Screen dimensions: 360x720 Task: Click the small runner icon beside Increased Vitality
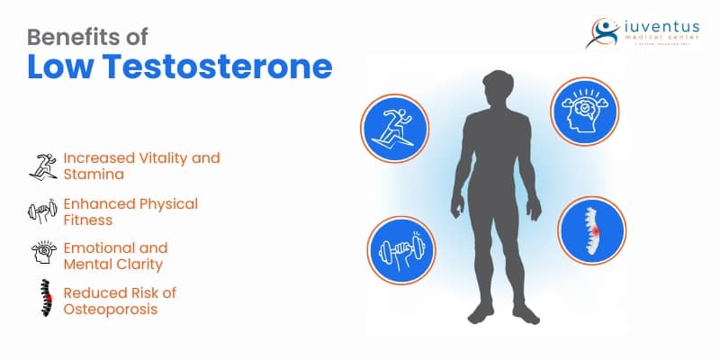(43, 166)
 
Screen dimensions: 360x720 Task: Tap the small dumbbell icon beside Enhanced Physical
(43, 212)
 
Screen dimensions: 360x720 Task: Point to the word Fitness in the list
(87, 220)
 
